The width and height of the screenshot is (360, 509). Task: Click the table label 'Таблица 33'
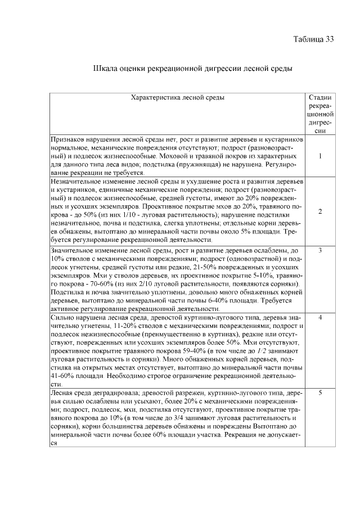tap(314, 39)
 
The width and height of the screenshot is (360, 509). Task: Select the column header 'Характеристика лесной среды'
tap(177, 97)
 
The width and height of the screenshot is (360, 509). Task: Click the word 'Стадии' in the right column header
tap(320, 97)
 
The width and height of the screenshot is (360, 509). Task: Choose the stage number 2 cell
tap(320, 211)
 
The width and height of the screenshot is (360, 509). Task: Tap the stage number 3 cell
tap(320, 250)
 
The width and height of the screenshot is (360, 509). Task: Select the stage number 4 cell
tap(320, 318)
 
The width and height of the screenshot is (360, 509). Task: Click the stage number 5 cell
tap(320, 393)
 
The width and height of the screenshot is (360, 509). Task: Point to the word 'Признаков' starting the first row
tap(66, 138)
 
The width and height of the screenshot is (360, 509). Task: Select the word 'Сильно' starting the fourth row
tap(62, 318)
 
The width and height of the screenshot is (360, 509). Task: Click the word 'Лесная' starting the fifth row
tap(62, 393)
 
